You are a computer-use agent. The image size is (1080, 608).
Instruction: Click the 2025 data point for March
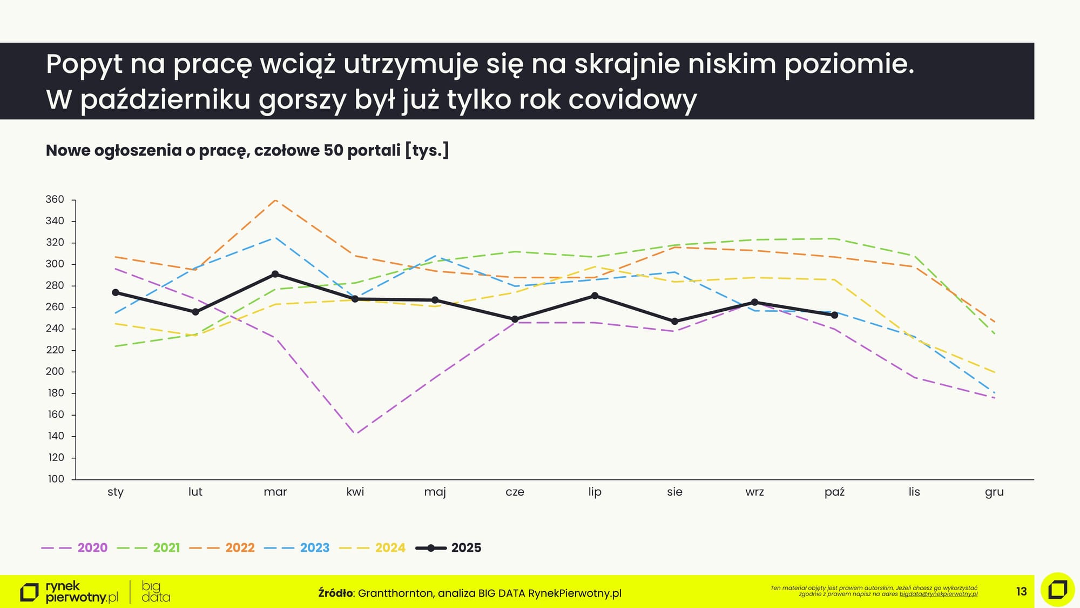(x=275, y=274)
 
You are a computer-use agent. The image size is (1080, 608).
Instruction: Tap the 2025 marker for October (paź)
(x=834, y=315)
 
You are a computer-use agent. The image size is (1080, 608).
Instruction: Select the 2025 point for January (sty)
(x=116, y=292)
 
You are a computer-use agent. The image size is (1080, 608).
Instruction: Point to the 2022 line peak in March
(x=275, y=200)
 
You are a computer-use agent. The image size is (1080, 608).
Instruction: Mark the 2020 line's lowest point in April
(x=355, y=433)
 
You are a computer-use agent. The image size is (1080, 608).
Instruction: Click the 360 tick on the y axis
(x=55, y=199)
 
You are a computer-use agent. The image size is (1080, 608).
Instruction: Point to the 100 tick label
(x=56, y=479)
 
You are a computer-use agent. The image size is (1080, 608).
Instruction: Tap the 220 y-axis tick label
(x=55, y=350)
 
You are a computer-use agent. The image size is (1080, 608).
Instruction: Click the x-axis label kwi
(x=355, y=492)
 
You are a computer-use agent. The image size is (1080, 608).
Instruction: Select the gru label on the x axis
(x=994, y=492)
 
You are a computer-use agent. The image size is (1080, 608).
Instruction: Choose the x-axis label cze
(x=515, y=492)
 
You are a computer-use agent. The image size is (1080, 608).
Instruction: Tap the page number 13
(x=1021, y=592)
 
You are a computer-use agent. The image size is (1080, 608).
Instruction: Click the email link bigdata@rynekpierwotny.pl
(x=939, y=594)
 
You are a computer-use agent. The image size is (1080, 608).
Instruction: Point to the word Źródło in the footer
(x=335, y=593)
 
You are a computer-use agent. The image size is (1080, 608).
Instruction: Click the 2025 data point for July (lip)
(x=595, y=296)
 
